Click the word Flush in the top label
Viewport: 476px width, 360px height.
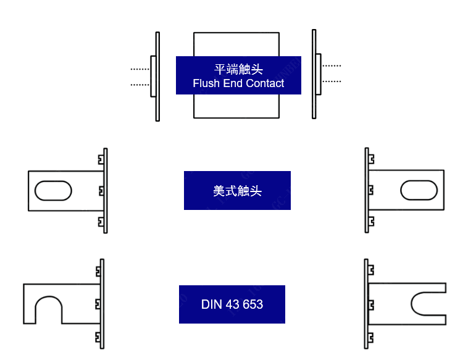pos(205,83)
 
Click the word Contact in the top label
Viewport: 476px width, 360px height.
pos(265,83)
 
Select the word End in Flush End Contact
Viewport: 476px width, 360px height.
pos(233,83)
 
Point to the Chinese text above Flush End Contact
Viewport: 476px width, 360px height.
pos(238,69)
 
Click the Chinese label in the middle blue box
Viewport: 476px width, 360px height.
pos(238,191)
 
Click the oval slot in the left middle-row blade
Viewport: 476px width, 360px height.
pos(53,191)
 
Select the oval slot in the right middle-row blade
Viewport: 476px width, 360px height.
pos(420,190)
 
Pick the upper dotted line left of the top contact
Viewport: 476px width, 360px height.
pos(140,69)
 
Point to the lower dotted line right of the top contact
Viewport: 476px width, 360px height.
pos(332,81)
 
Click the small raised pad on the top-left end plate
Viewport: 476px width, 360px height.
pos(152,76)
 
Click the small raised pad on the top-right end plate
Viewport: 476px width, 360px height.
pos(319,73)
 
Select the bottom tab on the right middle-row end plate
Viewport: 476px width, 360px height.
pos(371,220)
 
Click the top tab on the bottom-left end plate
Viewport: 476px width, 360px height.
pos(98,271)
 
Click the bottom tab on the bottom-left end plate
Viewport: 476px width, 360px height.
pos(98,337)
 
